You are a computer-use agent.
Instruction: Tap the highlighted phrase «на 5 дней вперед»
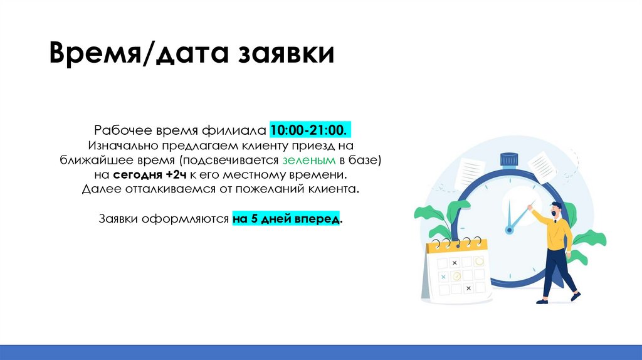tap(287, 220)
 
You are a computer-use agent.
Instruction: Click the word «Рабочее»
tap(123, 130)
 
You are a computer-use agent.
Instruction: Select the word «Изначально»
tap(126, 146)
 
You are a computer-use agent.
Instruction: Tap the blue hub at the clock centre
tap(509, 230)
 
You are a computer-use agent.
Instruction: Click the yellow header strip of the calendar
tap(456, 245)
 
